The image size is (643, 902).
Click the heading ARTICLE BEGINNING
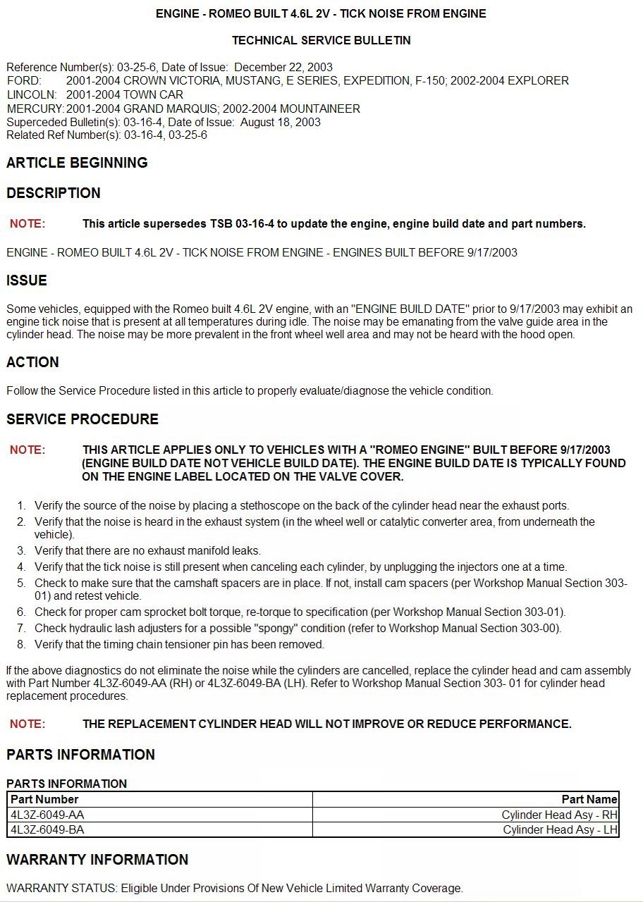point(77,163)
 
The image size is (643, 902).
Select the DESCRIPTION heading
point(54,193)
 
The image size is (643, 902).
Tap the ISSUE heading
point(27,280)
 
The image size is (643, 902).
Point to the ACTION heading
point(32,362)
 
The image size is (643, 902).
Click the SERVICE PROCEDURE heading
point(82,419)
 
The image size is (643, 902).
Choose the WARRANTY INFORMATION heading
point(97,860)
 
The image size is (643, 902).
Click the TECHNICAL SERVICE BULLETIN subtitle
point(321,41)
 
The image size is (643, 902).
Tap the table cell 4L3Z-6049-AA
point(47,815)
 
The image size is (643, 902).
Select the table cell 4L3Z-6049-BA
point(47,829)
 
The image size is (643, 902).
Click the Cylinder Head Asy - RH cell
point(559,815)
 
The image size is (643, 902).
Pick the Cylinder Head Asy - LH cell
point(560,829)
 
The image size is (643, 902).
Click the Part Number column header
point(44,799)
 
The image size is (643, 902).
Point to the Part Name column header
point(589,799)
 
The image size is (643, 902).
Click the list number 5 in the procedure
point(21,583)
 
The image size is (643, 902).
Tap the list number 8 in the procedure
point(21,644)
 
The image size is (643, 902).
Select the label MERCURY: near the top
point(35,109)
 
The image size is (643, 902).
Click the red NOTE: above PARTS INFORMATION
point(27,724)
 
